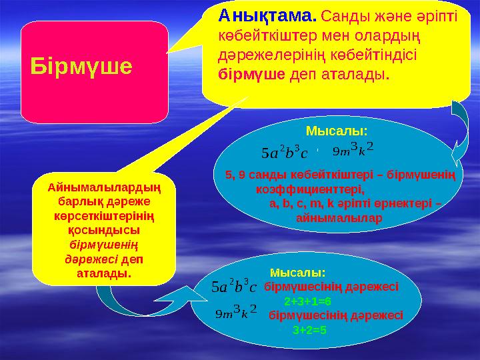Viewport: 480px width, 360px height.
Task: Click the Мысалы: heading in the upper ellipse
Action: (336, 129)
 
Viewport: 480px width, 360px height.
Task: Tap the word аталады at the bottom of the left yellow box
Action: (103, 273)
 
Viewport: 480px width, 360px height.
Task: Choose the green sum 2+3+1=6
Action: (307, 301)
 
